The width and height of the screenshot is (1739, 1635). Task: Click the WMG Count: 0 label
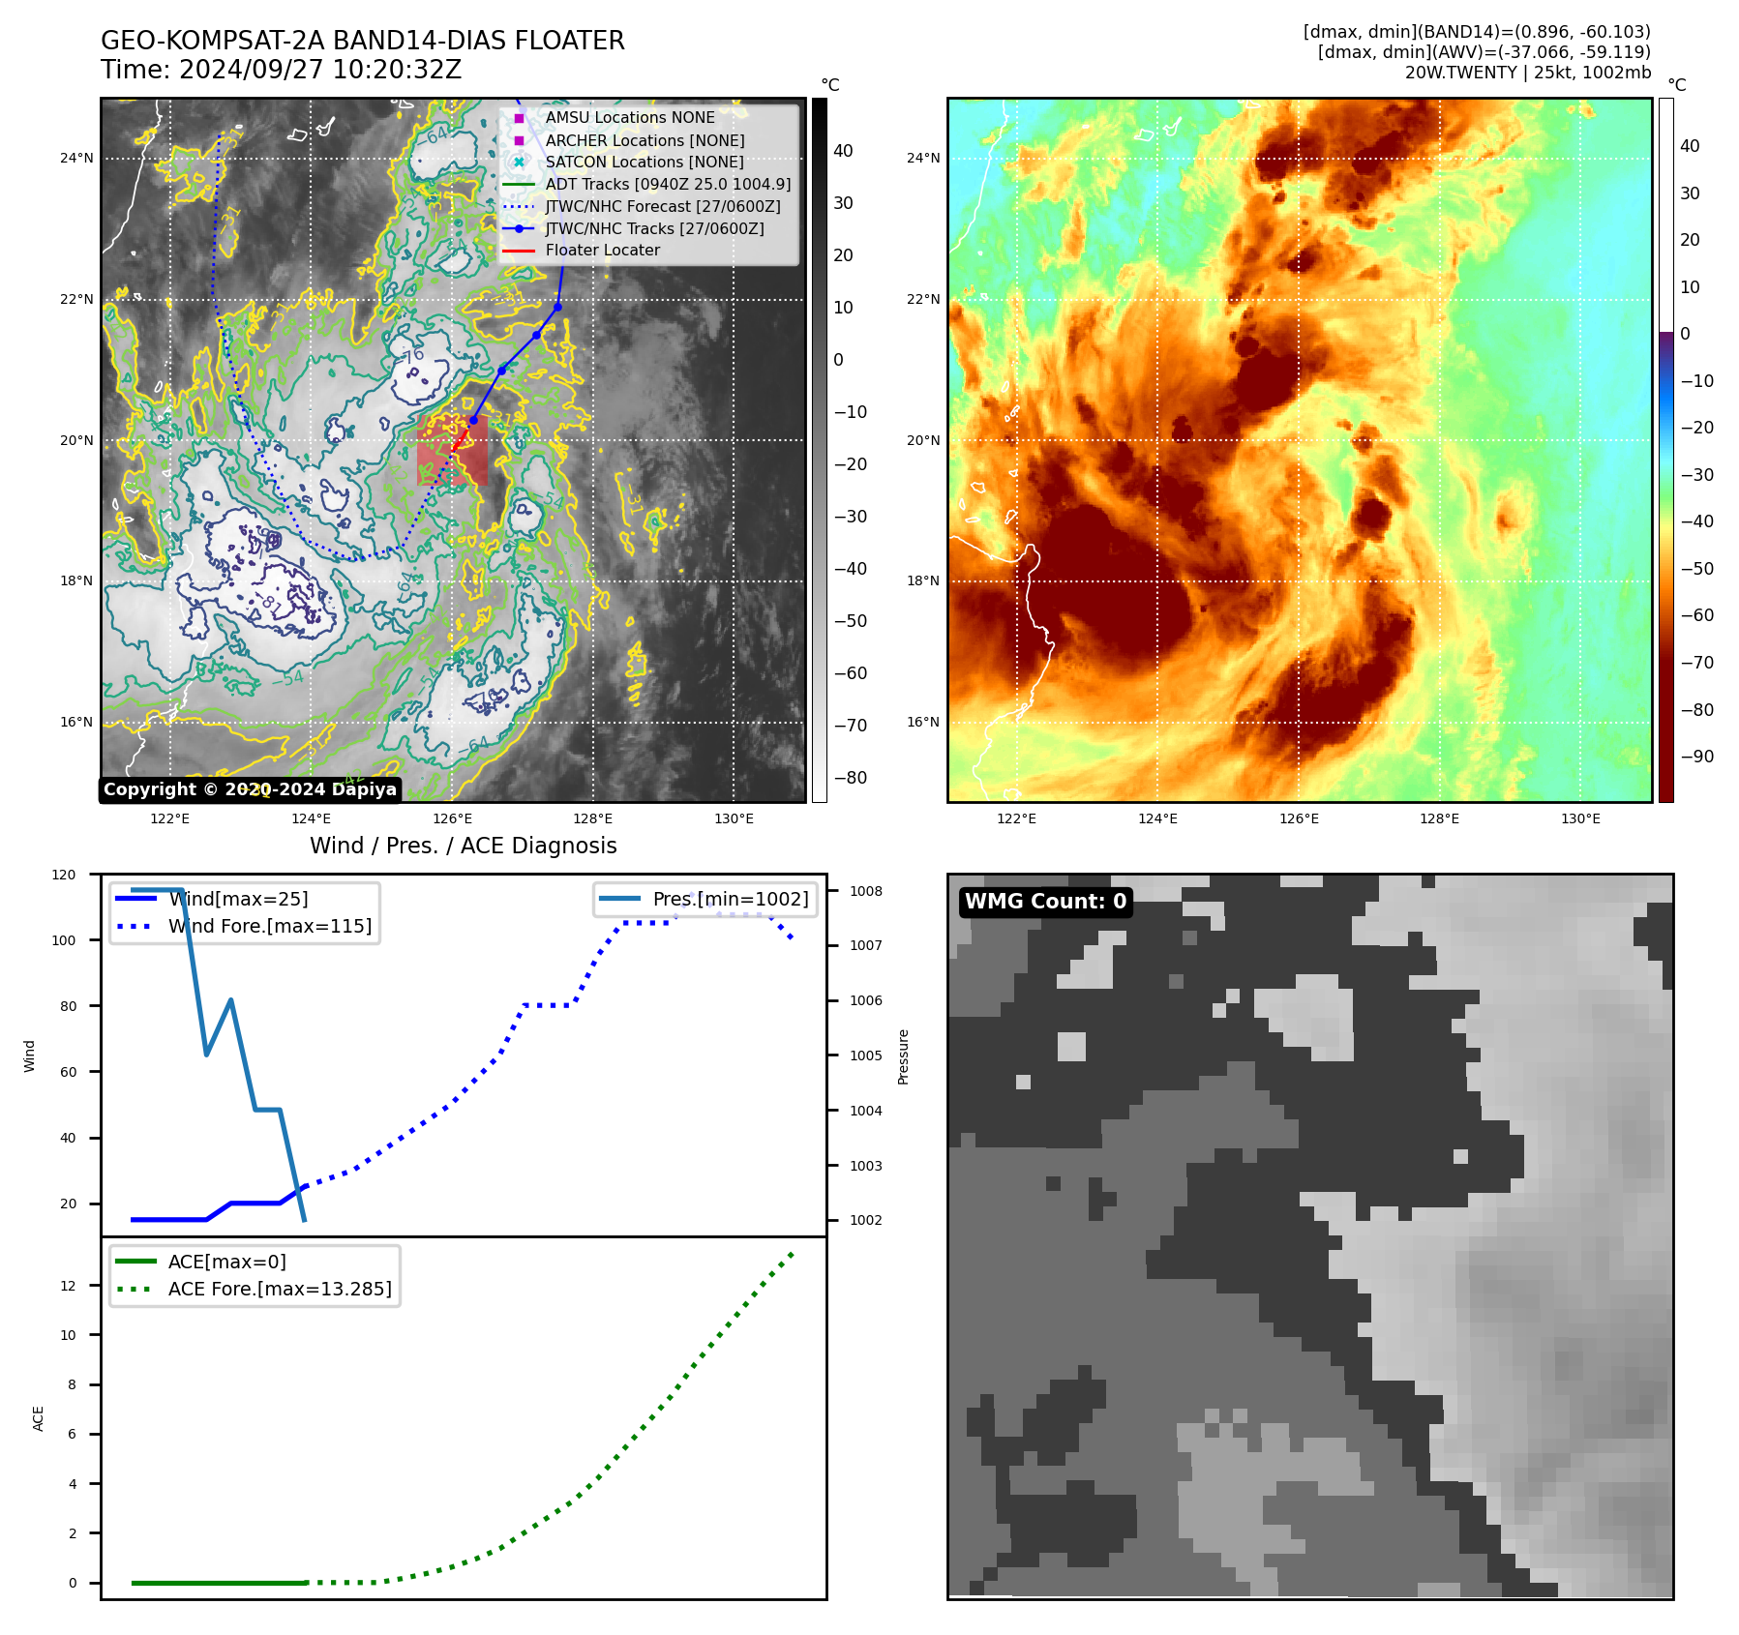tap(1045, 902)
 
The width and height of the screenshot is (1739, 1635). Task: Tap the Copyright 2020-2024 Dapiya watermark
tap(250, 789)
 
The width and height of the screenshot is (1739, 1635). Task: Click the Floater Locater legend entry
tap(602, 250)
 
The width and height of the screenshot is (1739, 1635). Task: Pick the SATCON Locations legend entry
tap(644, 162)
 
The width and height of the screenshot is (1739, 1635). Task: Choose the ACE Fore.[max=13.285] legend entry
tap(280, 1289)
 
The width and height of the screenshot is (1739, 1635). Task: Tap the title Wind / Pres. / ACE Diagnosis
tap(463, 846)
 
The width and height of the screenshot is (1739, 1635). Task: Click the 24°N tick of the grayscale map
tap(76, 158)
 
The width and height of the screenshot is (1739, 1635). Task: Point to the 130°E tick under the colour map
tap(1580, 818)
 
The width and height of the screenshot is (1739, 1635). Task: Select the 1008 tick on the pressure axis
tap(866, 891)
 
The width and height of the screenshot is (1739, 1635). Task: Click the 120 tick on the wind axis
tap(64, 875)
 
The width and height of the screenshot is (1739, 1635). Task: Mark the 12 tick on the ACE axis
tap(68, 1286)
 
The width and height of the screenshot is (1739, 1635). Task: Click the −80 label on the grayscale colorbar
tap(851, 778)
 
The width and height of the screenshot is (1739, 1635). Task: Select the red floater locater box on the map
tap(452, 451)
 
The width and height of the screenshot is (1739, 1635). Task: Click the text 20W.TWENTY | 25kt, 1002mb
tap(1527, 73)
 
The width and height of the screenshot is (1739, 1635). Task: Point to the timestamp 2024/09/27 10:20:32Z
tap(319, 71)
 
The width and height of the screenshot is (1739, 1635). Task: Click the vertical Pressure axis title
tap(903, 1056)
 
